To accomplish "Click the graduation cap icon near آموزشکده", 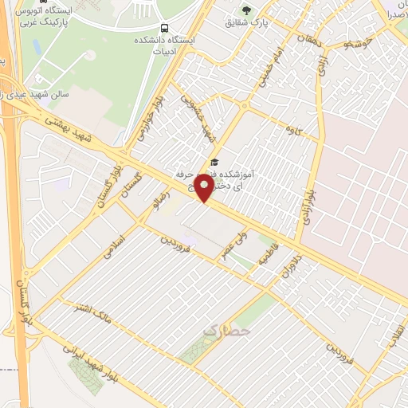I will tap(213, 162).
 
